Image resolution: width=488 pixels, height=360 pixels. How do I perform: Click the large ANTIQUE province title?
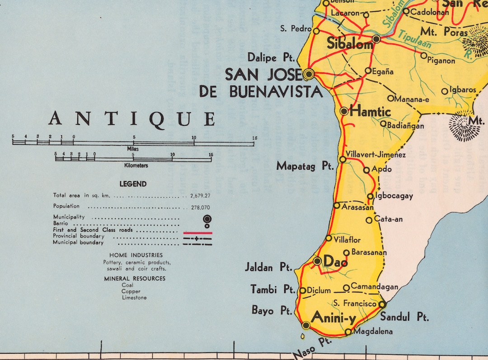tap(132, 118)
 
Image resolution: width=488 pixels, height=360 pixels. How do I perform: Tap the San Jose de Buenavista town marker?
tap(309, 73)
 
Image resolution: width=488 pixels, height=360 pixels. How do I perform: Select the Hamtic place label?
tap(371, 111)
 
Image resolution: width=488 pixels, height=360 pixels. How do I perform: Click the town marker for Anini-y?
tap(306, 325)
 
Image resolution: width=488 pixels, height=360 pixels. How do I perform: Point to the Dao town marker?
tap(317, 261)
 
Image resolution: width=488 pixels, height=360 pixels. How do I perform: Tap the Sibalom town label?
tap(350, 44)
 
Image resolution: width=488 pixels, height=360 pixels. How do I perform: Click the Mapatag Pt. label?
tap(305, 166)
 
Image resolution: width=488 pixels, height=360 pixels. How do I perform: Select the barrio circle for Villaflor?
tap(328, 238)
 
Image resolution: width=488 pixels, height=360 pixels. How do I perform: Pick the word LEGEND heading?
tap(133, 184)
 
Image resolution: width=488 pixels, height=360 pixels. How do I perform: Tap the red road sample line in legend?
tap(197, 232)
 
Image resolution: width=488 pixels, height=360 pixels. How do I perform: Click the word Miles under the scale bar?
tap(133, 149)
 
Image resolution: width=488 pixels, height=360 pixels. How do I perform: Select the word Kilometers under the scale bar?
tap(133, 166)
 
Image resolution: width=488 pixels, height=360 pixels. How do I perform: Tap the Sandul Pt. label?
tap(404, 317)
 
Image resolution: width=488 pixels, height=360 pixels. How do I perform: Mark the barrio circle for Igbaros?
tap(445, 91)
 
